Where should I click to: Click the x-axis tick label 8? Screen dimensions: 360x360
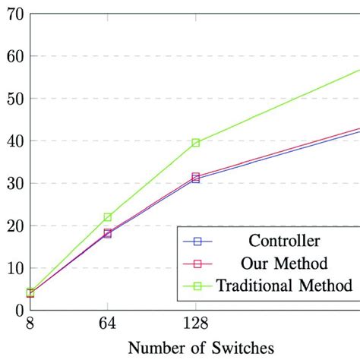[30, 324]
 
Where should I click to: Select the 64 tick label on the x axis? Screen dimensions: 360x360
[107, 324]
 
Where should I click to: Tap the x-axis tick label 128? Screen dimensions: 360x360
[196, 324]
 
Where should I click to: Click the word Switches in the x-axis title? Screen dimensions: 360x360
[243, 349]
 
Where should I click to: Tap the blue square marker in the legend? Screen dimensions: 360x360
[197, 242]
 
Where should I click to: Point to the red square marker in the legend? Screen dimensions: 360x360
[197, 264]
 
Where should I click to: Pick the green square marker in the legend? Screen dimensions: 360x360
[197, 286]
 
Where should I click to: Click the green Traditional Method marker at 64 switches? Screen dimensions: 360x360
[108, 217]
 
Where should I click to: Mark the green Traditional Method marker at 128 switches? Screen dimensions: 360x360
[196, 143]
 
